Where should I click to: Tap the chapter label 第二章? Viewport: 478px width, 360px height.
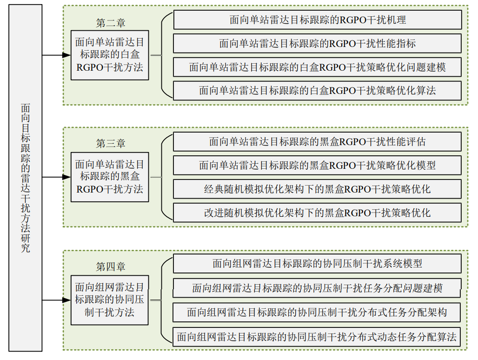point(110,23)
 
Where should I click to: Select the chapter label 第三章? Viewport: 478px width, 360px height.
point(110,144)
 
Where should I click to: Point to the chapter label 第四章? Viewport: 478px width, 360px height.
point(110,267)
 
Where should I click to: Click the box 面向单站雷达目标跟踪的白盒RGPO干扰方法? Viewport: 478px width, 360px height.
point(110,55)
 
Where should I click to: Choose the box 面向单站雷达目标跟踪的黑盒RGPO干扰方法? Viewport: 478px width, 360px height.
point(110,177)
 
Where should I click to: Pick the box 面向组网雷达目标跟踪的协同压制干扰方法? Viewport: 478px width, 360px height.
point(110,300)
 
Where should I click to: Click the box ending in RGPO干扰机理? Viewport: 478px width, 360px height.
point(317,20)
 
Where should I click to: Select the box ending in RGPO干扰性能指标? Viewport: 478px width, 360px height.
point(317,43)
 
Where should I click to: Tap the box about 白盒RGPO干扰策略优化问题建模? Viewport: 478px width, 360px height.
point(317,67)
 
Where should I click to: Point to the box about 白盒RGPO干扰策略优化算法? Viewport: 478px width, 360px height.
point(317,90)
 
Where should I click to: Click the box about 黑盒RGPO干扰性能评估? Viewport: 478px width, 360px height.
point(317,141)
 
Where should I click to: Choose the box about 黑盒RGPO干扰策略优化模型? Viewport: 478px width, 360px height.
point(317,165)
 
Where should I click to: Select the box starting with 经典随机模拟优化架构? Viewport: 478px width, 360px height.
point(317,189)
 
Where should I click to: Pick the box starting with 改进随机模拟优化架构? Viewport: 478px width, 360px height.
point(317,213)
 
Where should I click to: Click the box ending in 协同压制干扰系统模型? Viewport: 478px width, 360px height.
point(317,263)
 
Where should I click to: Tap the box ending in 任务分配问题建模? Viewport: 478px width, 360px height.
point(317,288)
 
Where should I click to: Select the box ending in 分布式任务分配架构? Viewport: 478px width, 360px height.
point(317,312)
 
